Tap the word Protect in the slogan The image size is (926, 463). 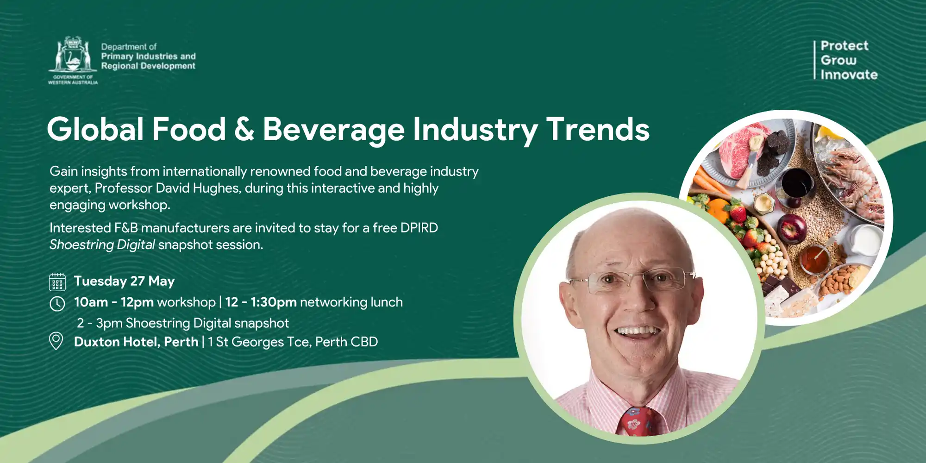(x=845, y=46)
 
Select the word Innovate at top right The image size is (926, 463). (x=849, y=75)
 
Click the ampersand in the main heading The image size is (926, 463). (x=244, y=129)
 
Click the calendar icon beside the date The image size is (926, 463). (x=57, y=282)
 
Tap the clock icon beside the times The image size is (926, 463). (x=57, y=304)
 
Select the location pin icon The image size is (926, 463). (x=56, y=341)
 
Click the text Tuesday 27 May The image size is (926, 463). (x=124, y=281)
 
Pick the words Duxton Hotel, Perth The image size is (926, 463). (x=136, y=342)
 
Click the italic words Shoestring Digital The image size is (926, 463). (x=102, y=244)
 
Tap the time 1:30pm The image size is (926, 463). (x=274, y=302)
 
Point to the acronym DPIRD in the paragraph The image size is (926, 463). (x=419, y=228)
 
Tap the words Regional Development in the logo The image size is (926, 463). (x=148, y=66)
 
